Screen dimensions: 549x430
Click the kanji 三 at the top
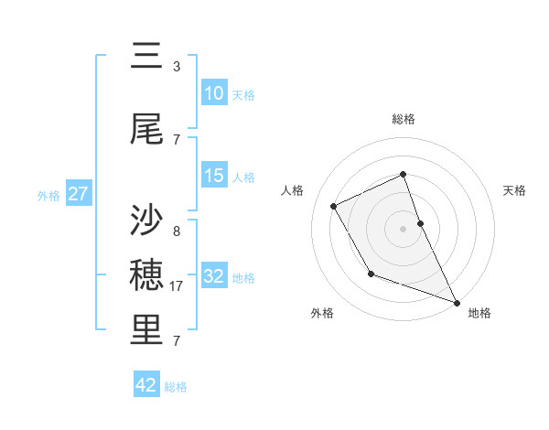(147, 59)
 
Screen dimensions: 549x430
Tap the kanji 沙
(147, 220)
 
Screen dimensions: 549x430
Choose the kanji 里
(147, 332)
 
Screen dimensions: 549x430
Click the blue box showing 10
(214, 93)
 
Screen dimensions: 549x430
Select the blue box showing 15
(214, 176)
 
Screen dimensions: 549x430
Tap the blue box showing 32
(214, 276)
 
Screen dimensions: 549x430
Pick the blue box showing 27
(79, 194)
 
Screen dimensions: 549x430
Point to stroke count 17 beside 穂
(178, 286)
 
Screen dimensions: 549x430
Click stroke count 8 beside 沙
(176, 231)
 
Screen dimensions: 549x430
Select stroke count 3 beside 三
(176, 67)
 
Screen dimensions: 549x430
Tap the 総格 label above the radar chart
(404, 119)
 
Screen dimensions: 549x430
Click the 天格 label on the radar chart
(514, 190)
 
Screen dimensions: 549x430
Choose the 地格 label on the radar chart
(479, 313)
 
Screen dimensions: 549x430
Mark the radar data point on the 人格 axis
(334, 206)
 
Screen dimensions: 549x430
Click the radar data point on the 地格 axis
(457, 303)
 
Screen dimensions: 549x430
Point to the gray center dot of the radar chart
(404, 228)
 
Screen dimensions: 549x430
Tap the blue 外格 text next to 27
(49, 195)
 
